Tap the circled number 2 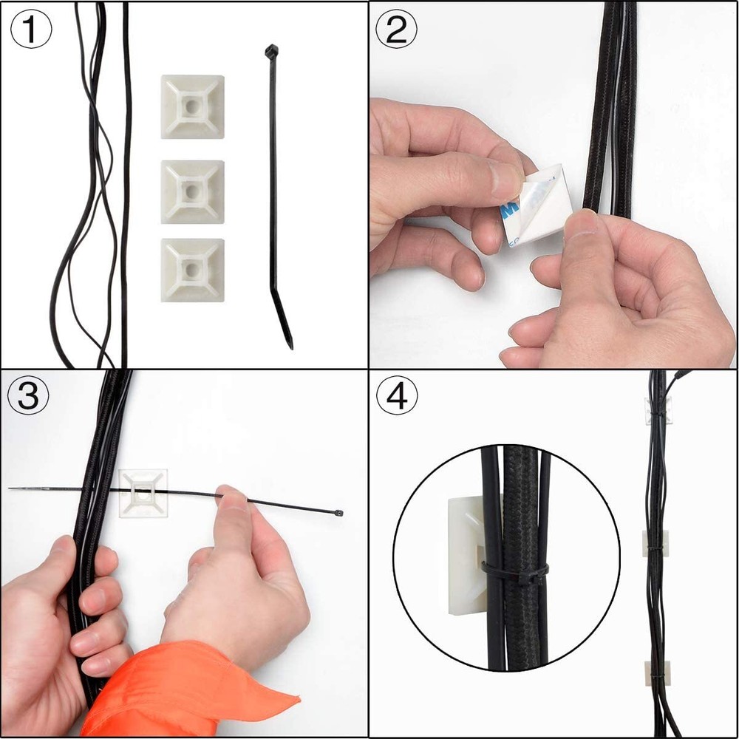tap(397, 31)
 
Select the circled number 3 tap(28, 397)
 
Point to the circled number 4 tap(397, 397)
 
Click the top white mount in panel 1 tap(192, 106)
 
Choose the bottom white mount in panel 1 tap(192, 270)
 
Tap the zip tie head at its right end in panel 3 tap(338, 512)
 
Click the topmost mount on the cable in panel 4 tap(657, 410)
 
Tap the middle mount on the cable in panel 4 tap(655, 544)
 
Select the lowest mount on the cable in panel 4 tap(655, 673)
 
